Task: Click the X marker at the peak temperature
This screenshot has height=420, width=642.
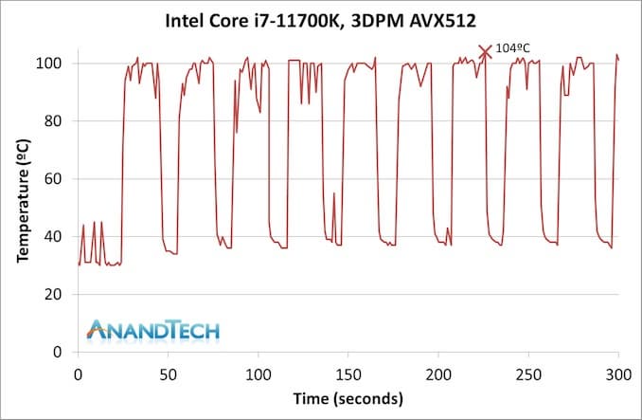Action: pyautogui.click(x=486, y=52)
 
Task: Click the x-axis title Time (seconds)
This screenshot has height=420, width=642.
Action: pyautogui.click(x=348, y=397)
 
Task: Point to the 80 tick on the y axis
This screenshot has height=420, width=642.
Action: pyautogui.click(x=56, y=121)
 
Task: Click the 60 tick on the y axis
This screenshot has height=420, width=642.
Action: pyautogui.click(x=56, y=179)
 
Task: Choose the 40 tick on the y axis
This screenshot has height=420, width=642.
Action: pyautogui.click(x=56, y=237)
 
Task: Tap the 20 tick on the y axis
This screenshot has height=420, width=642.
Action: pyautogui.click(x=56, y=295)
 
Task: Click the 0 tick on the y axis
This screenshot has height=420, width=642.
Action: pyautogui.click(x=60, y=353)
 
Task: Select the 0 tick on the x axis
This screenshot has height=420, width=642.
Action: pyautogui.click(x=78, y=374)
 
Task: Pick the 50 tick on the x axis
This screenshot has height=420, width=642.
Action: pyautogui.click(x=168, y=374)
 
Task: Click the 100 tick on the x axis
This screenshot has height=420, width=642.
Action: pyautogui.click(x=258, y=374)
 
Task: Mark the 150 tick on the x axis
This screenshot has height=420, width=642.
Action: pyautogui.click(x=348, y=374)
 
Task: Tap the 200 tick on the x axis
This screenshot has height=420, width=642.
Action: pyautogui.click(x=438, y=374)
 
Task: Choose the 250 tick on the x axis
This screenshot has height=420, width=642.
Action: pyautogui.click(x=528, y=374)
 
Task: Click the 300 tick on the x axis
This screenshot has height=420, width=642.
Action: pyautogui.click(x=618, y=374)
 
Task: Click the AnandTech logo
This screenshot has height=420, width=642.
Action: pyautogui.click(x=152, y=330)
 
